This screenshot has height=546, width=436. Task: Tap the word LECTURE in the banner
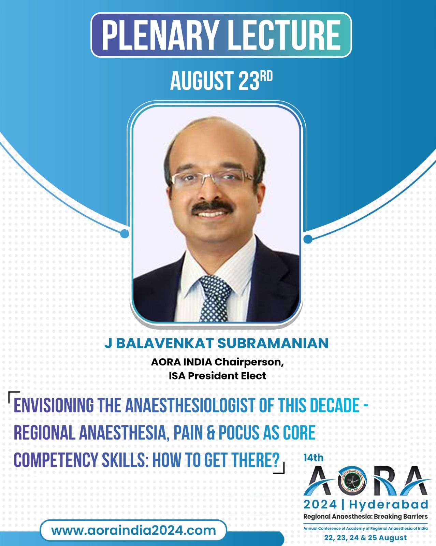(285, 35)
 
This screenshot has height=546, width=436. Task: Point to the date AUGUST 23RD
(221, 81)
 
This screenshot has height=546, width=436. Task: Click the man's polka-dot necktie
(215, 298)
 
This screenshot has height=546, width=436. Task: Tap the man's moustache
(212, 207)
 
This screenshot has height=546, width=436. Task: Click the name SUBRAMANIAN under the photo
(273, 343)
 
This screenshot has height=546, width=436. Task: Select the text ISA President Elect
(218, 376)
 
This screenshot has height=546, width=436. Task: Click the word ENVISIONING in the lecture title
(54, 405)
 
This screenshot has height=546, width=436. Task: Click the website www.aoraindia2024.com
(133, 530)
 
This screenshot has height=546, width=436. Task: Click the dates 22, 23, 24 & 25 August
(365, 537)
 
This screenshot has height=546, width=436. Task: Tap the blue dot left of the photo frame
(124, 233)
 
